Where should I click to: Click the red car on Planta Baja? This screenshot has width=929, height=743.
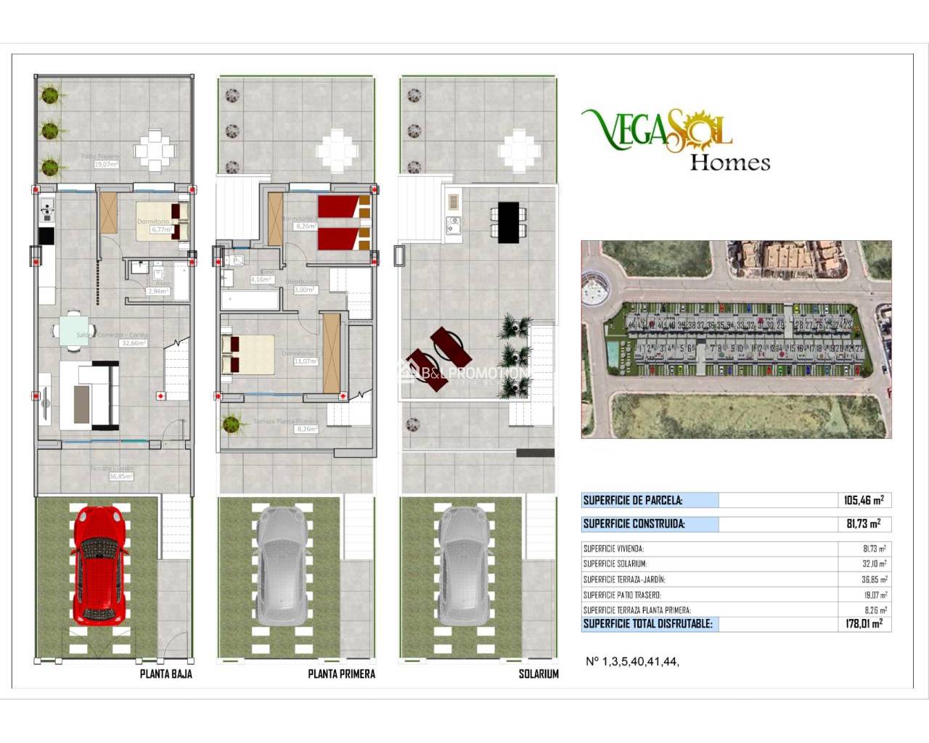point(98,565)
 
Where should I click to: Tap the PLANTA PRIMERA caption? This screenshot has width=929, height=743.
point(341,674)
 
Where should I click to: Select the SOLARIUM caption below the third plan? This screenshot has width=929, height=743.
point(539,674)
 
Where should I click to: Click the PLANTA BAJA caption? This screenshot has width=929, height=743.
point(165,674)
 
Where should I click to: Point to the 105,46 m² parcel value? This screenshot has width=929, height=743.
point(863,500)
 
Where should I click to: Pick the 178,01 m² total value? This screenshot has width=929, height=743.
point(863,623)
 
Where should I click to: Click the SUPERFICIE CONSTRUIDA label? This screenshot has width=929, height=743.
point(634,524)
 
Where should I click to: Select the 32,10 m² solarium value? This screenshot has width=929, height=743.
point(874,564)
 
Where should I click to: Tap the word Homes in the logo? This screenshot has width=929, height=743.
point(729,162)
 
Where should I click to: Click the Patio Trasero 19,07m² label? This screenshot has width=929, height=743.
point(101,160)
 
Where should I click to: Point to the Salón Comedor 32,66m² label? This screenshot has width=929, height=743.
point(112,339)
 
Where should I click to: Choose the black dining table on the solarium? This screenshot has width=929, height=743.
point(508,221)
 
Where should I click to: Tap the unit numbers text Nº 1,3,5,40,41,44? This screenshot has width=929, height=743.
point(632,662)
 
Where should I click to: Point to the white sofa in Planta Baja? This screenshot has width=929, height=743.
point(90,396)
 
